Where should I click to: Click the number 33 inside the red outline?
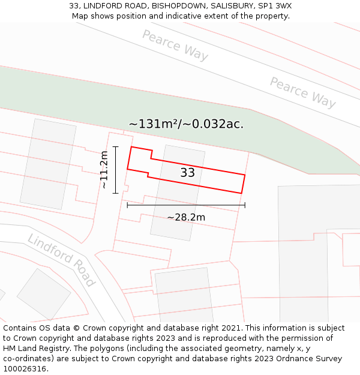(x=187, y=173)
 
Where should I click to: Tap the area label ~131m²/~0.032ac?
(x=186, y=124)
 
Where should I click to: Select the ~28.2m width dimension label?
(x=186, y=217)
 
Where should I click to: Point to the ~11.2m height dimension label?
(x=104, y=170)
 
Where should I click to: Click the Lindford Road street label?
(x=61, y=260)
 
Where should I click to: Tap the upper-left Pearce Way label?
(x=175, y=45)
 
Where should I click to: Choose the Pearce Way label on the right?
(x=302, y=92)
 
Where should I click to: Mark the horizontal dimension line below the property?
(x=186, y=205)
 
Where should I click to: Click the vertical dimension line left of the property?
(x=115, y=170)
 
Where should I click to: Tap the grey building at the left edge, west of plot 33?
(x=48, y=164)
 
